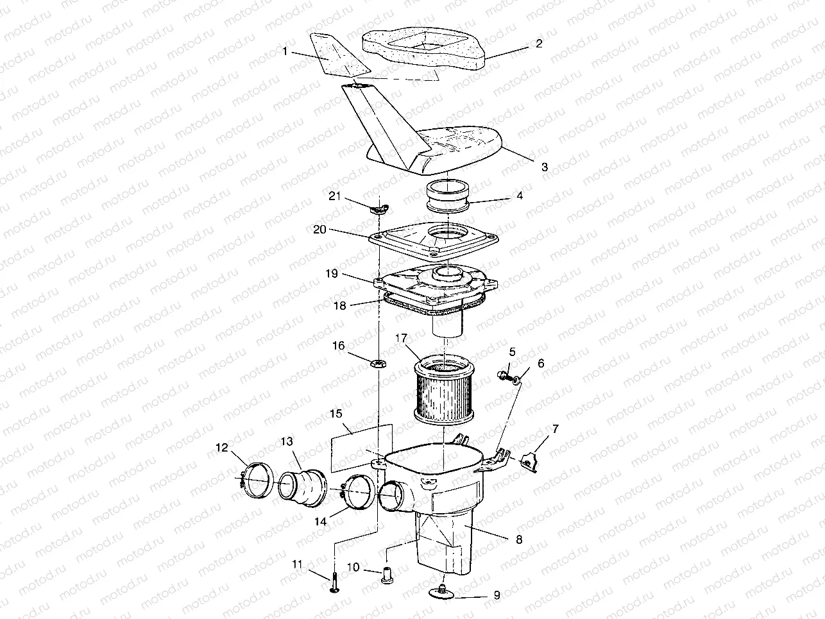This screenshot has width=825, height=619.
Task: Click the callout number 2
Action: [539, 44]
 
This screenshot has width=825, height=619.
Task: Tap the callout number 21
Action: [334, 196]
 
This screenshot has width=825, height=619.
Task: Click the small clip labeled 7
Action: [531, 461]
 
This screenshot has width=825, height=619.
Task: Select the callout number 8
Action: [518, 539]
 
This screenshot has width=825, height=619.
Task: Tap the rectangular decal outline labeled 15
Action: [361, 446]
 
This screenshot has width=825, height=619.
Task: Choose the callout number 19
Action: [331, 273]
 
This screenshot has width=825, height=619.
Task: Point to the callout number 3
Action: [544, 167]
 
